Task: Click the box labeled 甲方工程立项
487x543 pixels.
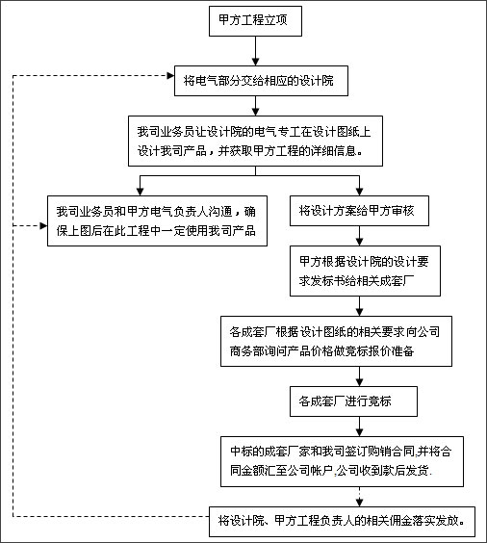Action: [x=255, y=21]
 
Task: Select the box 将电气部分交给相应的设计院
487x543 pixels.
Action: [x=261, y=81]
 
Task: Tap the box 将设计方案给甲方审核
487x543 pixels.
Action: [x=359, y=211]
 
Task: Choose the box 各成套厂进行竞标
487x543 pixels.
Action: [x=353, y=401]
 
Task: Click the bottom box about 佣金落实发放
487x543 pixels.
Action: [x=342, y=522]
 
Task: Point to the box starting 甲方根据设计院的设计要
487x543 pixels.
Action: [x=365, y=271]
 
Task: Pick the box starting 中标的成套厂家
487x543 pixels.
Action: [x=342, y=461]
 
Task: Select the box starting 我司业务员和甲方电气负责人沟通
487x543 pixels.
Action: [x=157, y=220]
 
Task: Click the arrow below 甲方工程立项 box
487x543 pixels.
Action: [x=255, y=51]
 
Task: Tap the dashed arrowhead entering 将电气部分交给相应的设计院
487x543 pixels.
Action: [x=170, y=75]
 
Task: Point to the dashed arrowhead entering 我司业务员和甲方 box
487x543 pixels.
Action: [x=43, y=226]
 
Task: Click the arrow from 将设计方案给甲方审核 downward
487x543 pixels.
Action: [x=359, y=236]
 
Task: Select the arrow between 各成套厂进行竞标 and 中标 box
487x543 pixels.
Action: [x=359, y=427]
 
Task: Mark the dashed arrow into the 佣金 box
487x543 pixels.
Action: [x=359, y=497]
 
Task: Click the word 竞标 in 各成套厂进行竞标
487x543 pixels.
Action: [x=380, y=401]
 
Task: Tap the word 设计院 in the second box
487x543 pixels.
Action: [x=317, y=81]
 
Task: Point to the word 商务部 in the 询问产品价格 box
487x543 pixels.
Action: [x=247, y=351]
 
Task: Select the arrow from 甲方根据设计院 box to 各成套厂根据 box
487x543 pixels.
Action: [x=359, y=306]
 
